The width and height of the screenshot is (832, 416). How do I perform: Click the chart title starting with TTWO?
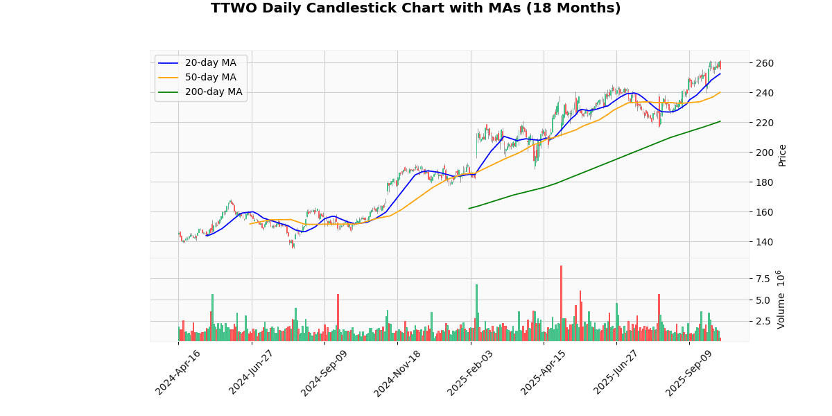416,8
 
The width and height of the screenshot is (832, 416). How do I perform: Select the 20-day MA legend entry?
210,63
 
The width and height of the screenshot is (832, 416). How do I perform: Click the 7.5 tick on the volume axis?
763,279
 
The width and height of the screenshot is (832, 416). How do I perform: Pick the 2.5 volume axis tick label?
763,321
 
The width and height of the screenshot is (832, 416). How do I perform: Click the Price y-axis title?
782,155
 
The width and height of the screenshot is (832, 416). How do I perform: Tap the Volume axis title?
781,300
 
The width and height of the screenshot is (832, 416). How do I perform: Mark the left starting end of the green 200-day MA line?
469,208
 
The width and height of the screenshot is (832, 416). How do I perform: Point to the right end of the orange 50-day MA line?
720,92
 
